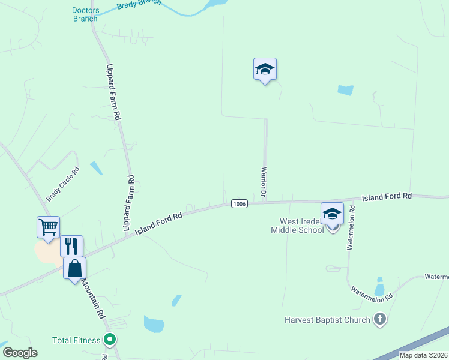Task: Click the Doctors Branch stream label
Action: [85, 14]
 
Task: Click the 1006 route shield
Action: [239, 204]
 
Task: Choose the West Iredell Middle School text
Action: [297, 226]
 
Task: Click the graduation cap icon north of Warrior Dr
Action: [265, 70]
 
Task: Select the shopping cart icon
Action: [48, 227]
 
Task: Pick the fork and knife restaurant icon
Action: [71, 246]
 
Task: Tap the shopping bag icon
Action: [75, 268]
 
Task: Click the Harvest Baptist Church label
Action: [327, 320]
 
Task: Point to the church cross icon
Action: [379, 319]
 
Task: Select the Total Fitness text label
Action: [76, 340]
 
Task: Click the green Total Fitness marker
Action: [109, 340]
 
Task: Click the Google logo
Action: [20, 353]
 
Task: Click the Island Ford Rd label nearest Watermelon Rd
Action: [387, 196]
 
